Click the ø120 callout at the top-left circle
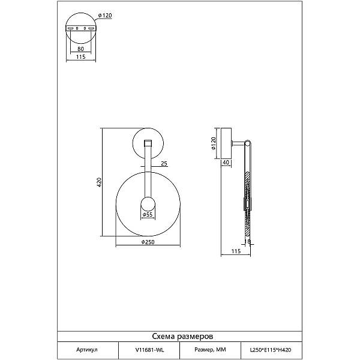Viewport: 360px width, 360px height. (105, 16)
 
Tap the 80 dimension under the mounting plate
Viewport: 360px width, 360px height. (80, 49)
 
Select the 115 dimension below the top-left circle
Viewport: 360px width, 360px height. (80, 56)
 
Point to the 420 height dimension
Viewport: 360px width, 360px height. (99, 182)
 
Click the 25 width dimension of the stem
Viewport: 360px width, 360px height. (164, 163)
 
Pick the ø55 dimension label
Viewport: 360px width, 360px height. (148, 215)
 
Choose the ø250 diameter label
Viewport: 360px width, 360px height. (148, 242)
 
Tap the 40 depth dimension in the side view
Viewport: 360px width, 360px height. (226, 163)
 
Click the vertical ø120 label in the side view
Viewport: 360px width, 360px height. (213, 143)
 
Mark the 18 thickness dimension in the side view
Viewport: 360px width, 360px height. (247, 241)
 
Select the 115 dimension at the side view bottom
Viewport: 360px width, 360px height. (236, 251)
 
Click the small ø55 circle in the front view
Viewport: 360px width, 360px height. (148, 204)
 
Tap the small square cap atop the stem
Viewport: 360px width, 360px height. (148, 143)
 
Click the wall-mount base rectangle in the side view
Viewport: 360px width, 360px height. (226, 143)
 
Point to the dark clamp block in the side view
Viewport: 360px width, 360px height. (247, 204)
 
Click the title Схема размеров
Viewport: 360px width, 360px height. (182, 337)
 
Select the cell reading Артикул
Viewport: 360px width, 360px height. (87, 350)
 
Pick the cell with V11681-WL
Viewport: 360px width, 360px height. (149, 350)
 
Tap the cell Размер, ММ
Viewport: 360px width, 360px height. (211, 350)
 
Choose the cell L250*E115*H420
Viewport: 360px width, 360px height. (271, 350)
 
